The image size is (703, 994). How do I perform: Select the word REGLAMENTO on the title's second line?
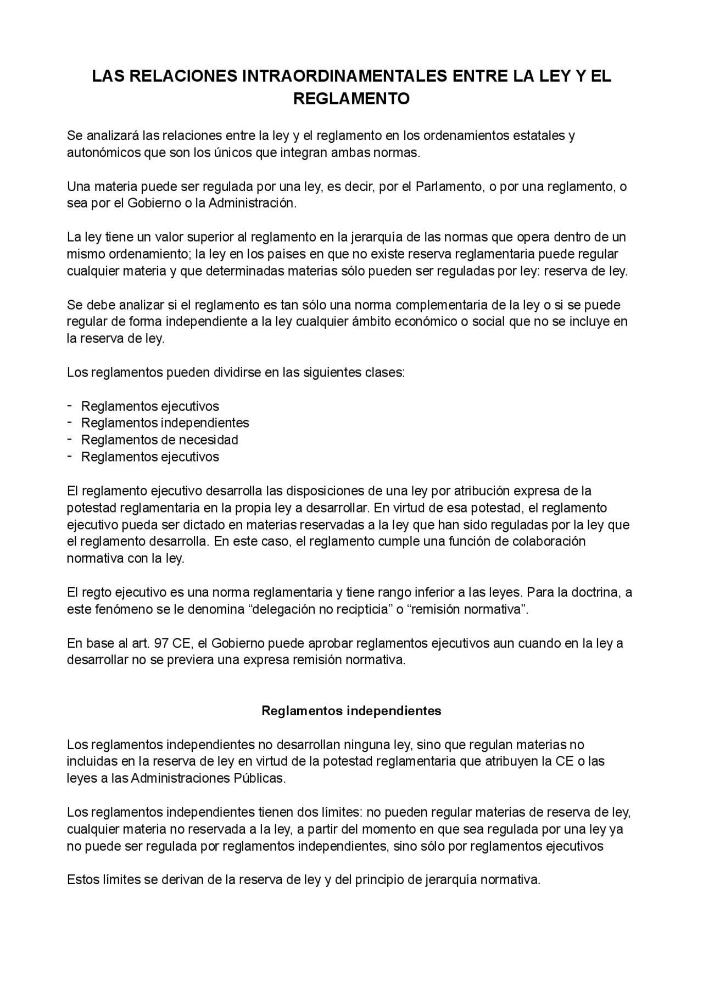tap(351, 99)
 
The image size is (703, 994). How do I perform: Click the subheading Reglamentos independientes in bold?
tap(351, 711)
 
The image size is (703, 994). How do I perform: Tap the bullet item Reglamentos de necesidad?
tap(159, 440)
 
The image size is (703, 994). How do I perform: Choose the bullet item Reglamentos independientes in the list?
tap(165, 423)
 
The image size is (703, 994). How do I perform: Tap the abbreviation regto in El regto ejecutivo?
tap(97, 592)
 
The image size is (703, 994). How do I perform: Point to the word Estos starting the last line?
tap(82, 880)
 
